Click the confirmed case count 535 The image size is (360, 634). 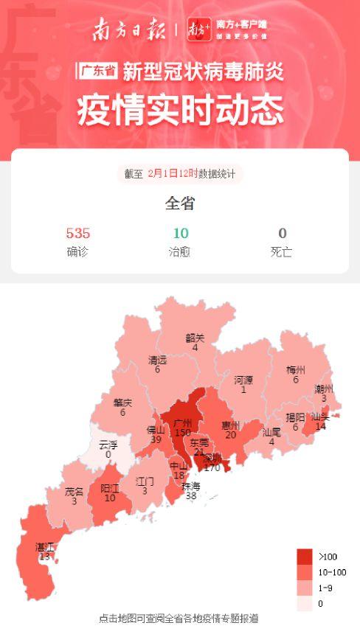[77, 234]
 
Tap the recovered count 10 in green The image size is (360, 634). [180, 234]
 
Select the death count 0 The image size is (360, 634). [282, 234]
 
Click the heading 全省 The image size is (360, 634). [180, 203]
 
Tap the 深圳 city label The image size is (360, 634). [212, 457]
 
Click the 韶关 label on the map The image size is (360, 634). [195, 338]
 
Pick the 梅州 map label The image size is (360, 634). [296, 370]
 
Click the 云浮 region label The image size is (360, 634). [108, 445]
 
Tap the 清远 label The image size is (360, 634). [157, 360]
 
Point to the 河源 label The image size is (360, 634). [243, 380]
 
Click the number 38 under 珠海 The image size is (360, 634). [191, 496]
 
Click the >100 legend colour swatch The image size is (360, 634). [305, 557]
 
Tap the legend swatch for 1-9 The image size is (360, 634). [305, 588]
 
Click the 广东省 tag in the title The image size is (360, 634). [97, 72]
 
